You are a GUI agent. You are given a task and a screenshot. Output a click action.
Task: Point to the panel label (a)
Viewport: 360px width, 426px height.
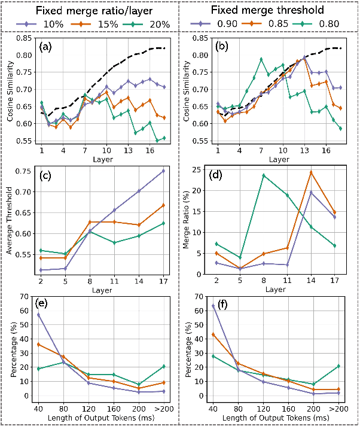[x=47, y=46]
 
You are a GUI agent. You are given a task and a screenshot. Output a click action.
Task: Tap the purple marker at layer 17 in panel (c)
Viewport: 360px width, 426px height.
[x=164, y=171]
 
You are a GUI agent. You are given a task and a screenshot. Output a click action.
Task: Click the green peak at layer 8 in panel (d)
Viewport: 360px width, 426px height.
[x=264, y=175]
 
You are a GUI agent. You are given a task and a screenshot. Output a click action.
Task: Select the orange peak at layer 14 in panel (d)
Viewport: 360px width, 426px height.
[x=311, y=172]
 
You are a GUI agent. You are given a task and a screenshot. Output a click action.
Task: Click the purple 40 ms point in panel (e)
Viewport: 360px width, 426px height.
[x=39, y=315]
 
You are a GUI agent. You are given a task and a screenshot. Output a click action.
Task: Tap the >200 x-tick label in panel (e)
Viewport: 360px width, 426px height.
[x=163, y=408]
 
